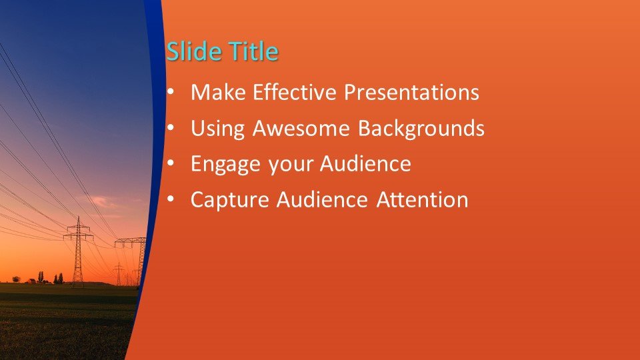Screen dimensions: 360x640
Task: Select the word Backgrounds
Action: [x=421, y=129]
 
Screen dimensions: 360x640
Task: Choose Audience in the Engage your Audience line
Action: [x=366, y=164]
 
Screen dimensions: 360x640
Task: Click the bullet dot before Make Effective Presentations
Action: [x=172, y=92]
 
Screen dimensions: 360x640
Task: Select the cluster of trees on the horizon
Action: [x=57, y=278]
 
